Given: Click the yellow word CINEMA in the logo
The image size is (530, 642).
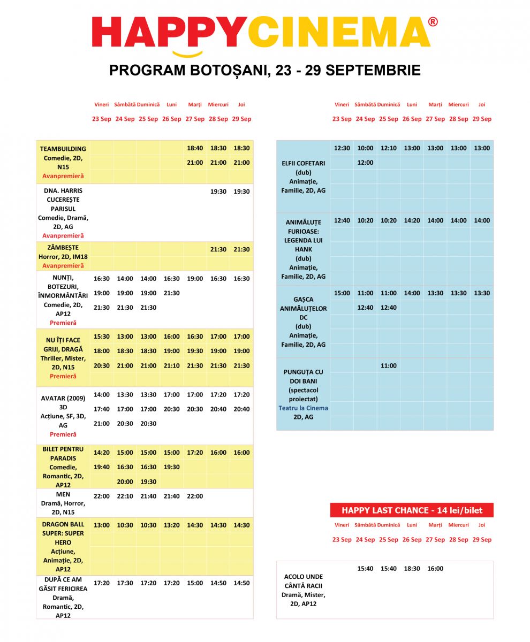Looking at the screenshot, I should (x=340, y=33).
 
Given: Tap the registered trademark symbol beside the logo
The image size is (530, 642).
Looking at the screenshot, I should (x=433, y=21).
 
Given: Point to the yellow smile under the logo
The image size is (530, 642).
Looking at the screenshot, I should (x=187, y=54).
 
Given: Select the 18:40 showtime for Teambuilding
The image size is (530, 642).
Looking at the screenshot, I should (x=195, y=148).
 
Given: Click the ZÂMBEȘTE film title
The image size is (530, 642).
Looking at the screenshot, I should (x=63, y=248).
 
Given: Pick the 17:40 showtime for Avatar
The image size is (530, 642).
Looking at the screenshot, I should (x=102, y=409).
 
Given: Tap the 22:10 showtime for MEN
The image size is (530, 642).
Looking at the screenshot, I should (x=125, y=496).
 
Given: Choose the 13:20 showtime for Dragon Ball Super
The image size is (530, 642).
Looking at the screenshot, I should (x=172, y=525).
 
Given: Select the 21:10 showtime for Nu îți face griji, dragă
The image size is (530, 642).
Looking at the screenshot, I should (x=172, y=366).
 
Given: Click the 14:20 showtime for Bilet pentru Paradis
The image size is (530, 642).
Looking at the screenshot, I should (x=102, y=453).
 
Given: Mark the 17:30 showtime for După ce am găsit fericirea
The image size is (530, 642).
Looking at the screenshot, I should (x=125, y=583).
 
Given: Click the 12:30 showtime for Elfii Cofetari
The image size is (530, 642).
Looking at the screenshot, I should (x=342, y=148).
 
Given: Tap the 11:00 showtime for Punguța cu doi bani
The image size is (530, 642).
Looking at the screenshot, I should (x=389, y=366).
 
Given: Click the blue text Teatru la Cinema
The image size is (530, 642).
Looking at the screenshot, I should (x=304, y=408).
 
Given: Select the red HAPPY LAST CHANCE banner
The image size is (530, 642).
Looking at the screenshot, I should (x=412, y=510).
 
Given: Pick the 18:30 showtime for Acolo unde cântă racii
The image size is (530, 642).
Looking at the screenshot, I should (x=412, y=569).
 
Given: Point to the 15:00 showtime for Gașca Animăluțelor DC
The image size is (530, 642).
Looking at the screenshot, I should (x=342, y=293).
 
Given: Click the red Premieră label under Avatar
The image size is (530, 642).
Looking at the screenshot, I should (x=63, y=434).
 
